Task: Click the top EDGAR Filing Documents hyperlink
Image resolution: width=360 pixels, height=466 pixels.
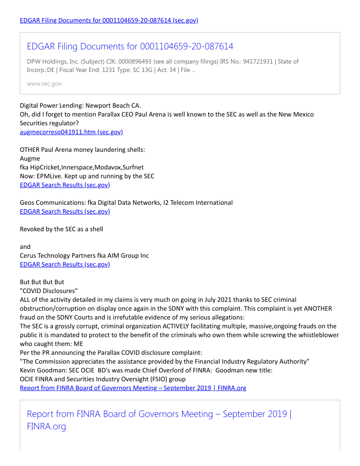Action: (109, 20)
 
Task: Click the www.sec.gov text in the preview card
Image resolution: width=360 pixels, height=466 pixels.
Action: (44, 83)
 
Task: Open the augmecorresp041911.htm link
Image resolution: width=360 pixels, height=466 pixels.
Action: (71, 132)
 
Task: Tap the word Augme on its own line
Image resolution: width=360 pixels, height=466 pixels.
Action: (30, 158)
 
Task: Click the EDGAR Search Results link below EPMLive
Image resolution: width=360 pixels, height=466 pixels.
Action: (65, 185)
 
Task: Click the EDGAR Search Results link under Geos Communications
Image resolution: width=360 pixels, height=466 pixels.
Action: (65, 211)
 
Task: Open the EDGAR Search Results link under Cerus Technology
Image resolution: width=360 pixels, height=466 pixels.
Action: (65, 264)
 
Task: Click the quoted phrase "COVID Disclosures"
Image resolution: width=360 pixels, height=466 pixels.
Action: (49, 291)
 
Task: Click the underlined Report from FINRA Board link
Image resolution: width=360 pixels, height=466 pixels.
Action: (133, 388)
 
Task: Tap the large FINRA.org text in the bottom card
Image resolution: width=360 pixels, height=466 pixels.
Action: (46, 427)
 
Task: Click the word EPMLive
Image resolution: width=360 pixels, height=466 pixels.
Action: (49, 176)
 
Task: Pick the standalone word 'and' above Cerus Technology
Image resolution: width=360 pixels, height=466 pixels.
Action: (25, 247)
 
